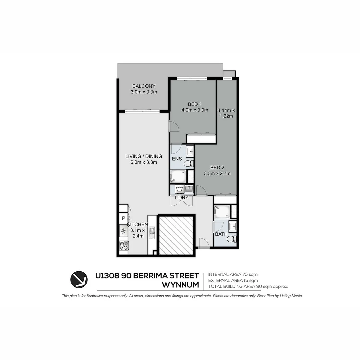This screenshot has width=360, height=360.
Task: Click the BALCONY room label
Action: coord(144,86)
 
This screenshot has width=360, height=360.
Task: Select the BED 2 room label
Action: coord(217,167)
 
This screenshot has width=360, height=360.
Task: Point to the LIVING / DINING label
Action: coord(144,156)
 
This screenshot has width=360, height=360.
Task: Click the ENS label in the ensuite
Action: coord(177,159)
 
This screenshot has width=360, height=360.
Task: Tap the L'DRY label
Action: coord(182,198)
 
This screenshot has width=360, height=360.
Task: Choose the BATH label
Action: coord(221,234)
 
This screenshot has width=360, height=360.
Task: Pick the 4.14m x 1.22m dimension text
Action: coord(226,113)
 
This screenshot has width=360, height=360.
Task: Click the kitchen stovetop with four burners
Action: coord(124,246)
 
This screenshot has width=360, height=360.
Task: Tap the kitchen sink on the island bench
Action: coord(152,231)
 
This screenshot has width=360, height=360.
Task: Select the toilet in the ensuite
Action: coord(188,163)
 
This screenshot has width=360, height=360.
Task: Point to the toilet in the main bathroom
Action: coord(234,239)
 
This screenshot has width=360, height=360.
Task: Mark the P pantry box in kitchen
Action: coord(123,219)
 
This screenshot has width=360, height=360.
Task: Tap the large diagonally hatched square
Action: coord(176,236)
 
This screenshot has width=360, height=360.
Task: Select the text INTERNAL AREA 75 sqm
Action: coord(233,274)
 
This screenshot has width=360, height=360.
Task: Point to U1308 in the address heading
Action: coord(107,276)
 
